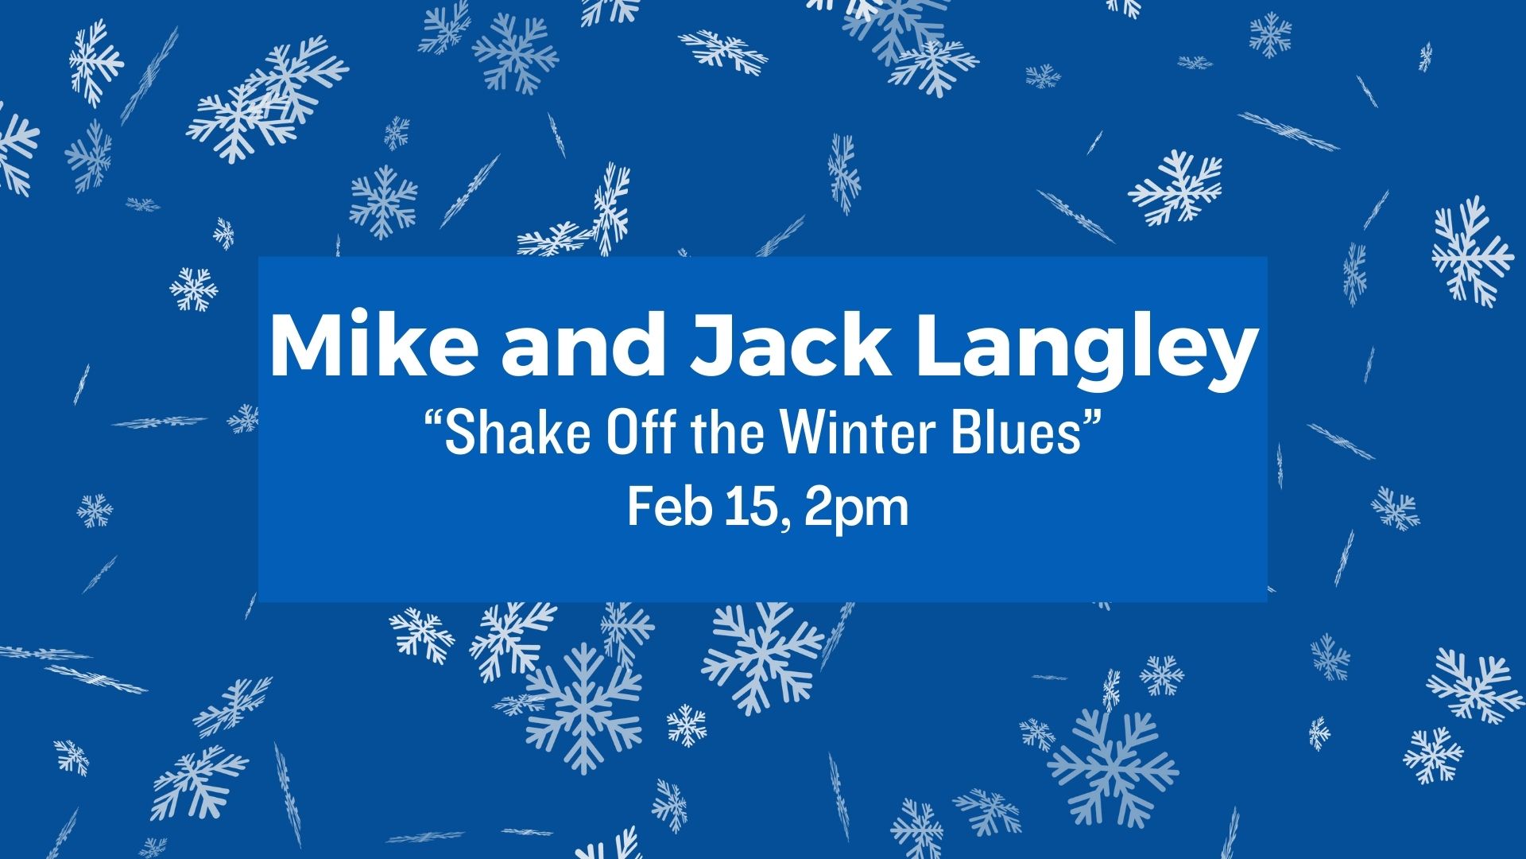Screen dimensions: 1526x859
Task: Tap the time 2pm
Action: pos(855,511)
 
